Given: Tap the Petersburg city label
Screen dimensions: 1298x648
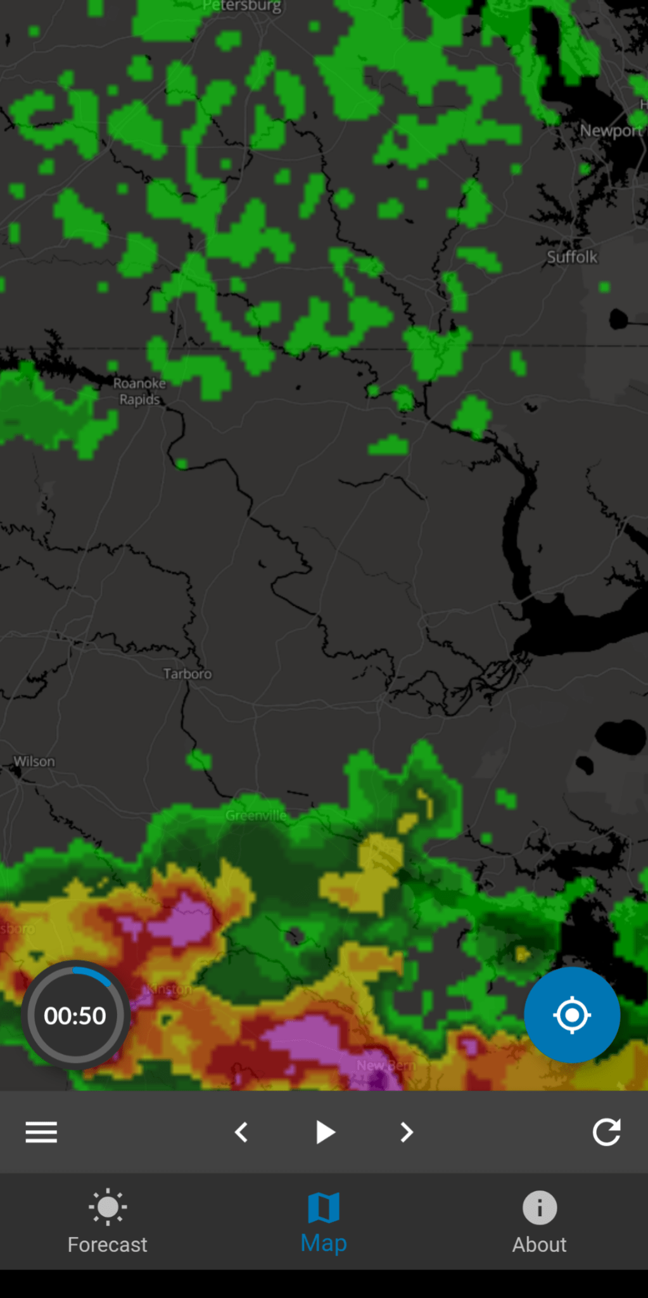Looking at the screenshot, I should click(x=242, y=6).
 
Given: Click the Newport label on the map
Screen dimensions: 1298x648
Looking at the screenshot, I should click(x=611, y=131).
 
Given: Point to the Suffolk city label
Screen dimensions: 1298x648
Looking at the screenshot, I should click(x=572, y=257).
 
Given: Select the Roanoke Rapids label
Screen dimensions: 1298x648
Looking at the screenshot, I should click(x=139, y=391).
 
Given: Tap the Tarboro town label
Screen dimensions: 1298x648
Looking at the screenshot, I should click(x=187, y=674).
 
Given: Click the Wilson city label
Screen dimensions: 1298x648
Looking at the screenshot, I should click(x=35, y=761).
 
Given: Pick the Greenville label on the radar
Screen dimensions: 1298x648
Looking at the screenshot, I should click(x=256, y=816).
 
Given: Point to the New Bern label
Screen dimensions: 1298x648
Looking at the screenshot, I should click(x=386, y=1065).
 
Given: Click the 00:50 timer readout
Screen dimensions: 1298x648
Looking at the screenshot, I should click(x=75, y=1016).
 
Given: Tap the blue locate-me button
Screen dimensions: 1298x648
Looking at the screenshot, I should click(x=571, y=1015).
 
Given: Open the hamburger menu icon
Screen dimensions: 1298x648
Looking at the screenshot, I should click(x=41, y=1132).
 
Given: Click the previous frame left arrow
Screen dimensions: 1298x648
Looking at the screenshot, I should click(x=241, y=1132).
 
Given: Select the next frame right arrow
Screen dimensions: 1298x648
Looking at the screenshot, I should click(x=407, y=1132).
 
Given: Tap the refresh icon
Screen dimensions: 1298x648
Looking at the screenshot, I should click(x=606, y=1132).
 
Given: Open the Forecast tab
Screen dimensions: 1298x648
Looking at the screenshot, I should click(x=108, y=1223).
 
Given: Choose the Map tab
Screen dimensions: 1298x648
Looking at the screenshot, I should click(x=324, y=1223).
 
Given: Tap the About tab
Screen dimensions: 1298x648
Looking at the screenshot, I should click(x=539, y=1223).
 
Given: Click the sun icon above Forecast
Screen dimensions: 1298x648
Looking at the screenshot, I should click(x=108, y=1207).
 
